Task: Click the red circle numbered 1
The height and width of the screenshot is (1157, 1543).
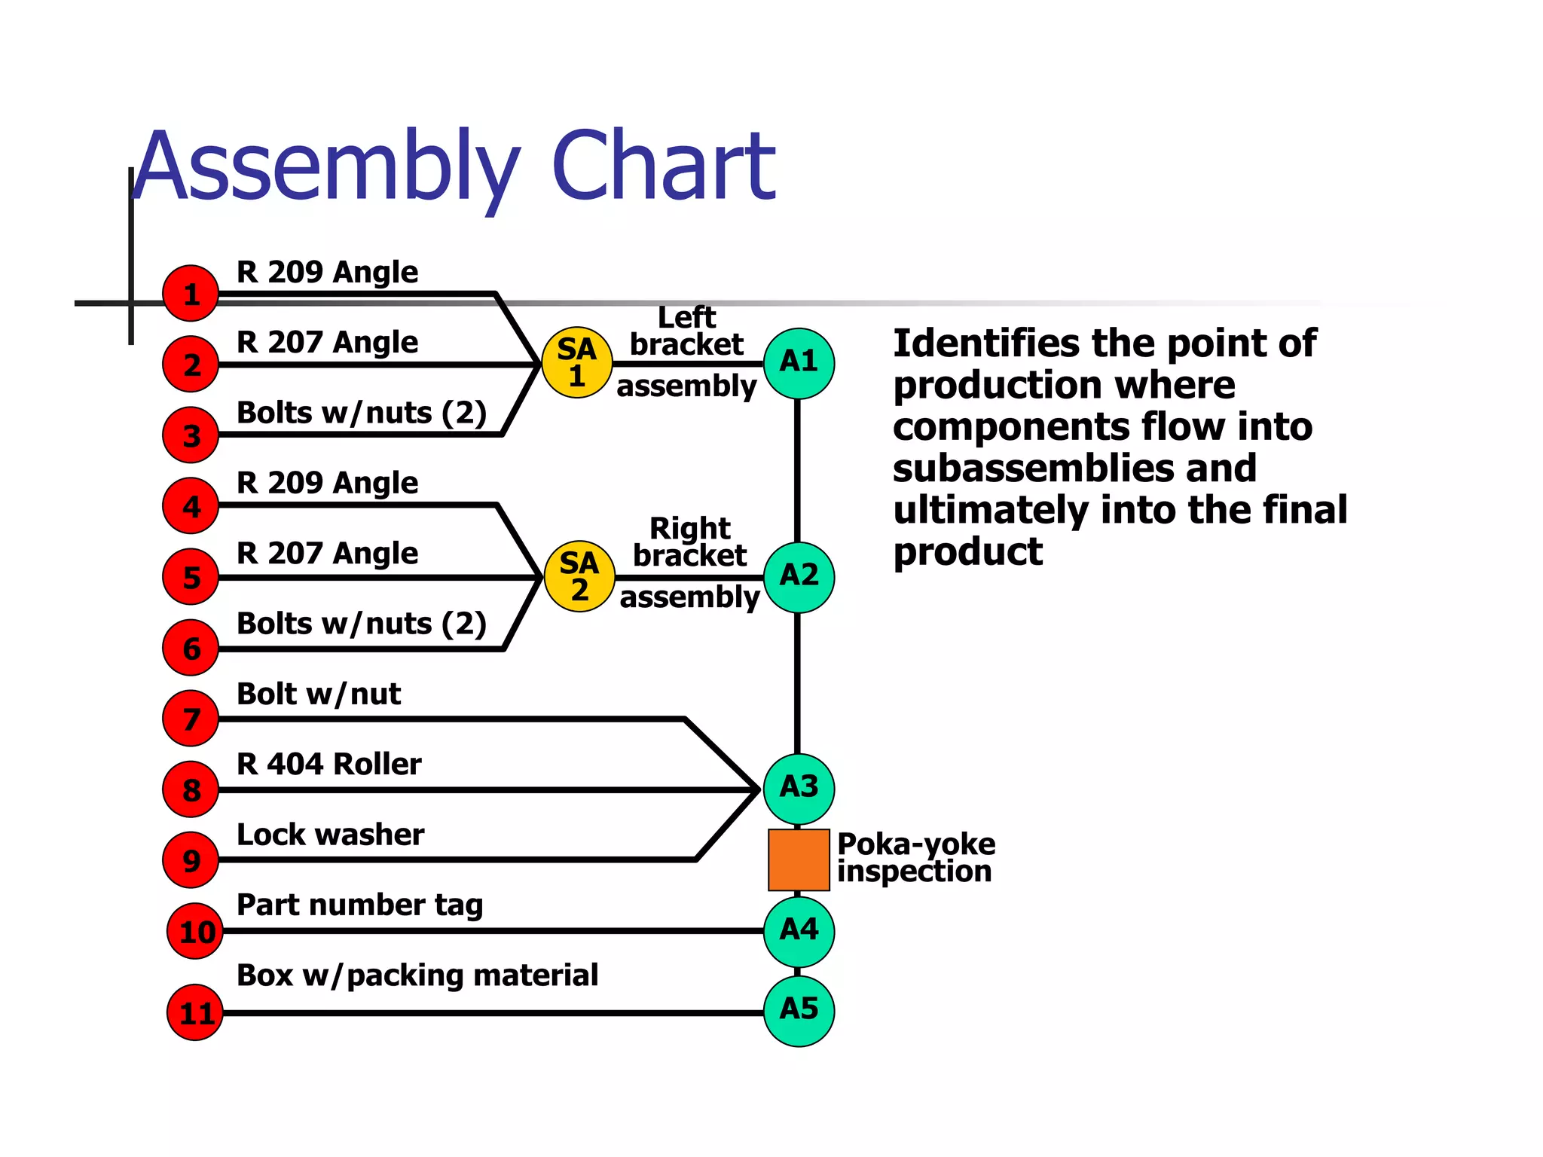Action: [x=191, y=293]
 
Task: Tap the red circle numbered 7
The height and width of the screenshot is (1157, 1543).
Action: [x=191, y=719]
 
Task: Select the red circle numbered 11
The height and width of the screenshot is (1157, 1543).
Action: [x=195, y=1012]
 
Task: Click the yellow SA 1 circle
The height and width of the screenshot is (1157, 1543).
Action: [x=577, y=362]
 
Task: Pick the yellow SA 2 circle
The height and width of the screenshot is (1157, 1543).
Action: [x=579, y=576]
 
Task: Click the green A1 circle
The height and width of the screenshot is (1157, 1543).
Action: [x=799, y=363]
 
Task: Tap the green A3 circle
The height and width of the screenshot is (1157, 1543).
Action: [x=799, y=788]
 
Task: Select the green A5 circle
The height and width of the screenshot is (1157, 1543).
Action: [x=799, y=1010]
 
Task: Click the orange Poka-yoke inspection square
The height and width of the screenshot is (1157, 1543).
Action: [x=799, y=859]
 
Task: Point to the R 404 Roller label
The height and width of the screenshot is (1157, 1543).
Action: [x=328, y=764]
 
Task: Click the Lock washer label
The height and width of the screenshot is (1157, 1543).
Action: [x=330, y=835]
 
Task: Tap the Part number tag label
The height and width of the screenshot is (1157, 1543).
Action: [x=359, y=905]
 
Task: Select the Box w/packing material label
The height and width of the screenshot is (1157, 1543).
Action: [x=417, y=975]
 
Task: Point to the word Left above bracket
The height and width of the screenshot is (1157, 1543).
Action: [x=686, y=317]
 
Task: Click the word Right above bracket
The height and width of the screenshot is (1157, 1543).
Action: [x=689, y=528]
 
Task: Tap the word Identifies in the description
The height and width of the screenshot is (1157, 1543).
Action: [x=986, y=343]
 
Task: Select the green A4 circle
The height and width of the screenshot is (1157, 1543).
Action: [x=799, y=931]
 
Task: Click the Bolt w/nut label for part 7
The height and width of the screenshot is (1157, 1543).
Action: [x=318, y=694]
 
